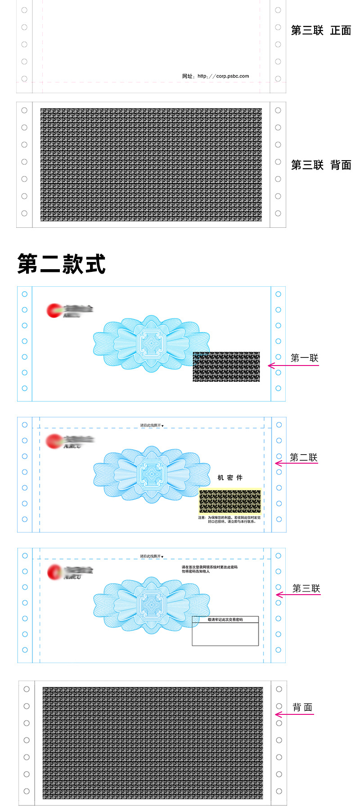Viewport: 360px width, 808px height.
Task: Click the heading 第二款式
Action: pos(62,264)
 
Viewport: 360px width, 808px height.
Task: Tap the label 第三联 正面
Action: pos(321,31)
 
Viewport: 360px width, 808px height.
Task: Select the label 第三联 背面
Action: pos(321,165)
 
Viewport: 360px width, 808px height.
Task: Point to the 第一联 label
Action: pos(305,358)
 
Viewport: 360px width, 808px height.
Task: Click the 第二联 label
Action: pos(304,458)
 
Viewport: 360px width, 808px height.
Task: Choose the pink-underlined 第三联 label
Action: pos(306,589)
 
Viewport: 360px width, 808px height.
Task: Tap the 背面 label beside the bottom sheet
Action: pos(302,708)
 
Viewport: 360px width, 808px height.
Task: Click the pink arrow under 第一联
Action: pos(293,366)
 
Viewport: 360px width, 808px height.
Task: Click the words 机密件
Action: pos(230,478)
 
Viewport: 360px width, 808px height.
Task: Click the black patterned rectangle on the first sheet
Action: pos(226,367)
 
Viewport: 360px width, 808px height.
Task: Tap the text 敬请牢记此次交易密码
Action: pos(225,620)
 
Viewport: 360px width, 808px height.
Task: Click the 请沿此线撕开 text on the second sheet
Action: pos(151,425)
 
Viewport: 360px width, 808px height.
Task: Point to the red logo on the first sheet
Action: pos(55,310)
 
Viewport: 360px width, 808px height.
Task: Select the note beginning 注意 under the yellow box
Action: pos(229,520)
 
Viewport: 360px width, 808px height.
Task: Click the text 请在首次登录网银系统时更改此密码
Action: pos(209,567)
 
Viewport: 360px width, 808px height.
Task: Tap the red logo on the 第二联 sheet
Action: pos(54,441)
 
